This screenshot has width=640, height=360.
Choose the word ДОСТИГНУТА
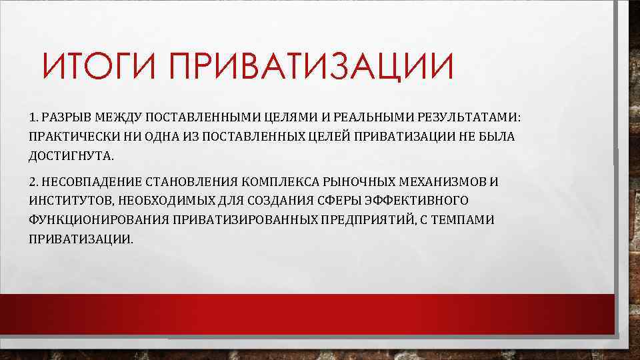click(x=71, y=156)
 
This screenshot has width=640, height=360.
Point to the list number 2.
click(x=33, y=181)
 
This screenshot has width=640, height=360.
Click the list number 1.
click(x=33, y=118)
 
